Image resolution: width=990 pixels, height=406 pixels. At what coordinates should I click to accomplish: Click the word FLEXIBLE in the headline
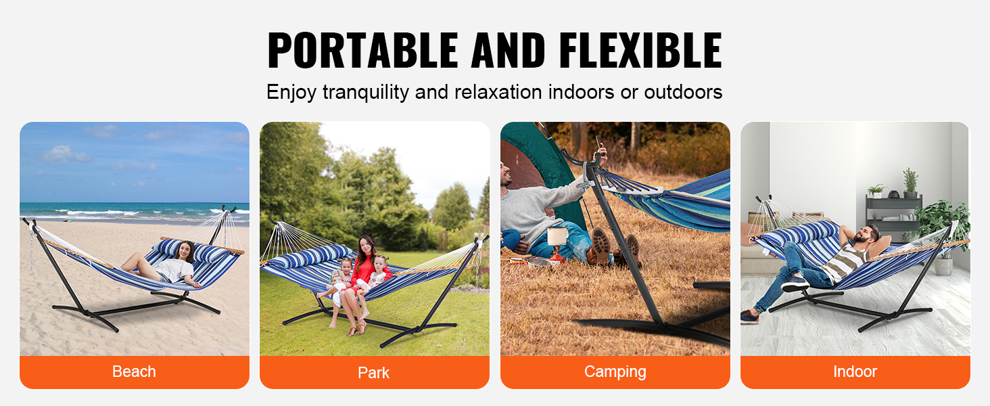coord(640,49)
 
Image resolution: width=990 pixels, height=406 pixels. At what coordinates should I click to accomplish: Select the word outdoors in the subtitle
coord(683,91)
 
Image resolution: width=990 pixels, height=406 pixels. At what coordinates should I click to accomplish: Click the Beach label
coord(134,371)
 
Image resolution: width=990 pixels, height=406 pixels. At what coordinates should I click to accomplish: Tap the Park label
coord(373,373)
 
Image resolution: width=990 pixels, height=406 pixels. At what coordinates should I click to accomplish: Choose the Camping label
coord(615,372)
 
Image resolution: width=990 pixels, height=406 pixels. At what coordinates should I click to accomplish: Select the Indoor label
coord(855,371)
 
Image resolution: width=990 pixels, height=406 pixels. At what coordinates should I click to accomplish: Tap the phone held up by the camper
coord(598,142)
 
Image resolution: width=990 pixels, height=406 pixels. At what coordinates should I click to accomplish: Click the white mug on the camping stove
coord(557,235)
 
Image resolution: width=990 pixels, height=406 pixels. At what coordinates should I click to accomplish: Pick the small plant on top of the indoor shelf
coord(910,182)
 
